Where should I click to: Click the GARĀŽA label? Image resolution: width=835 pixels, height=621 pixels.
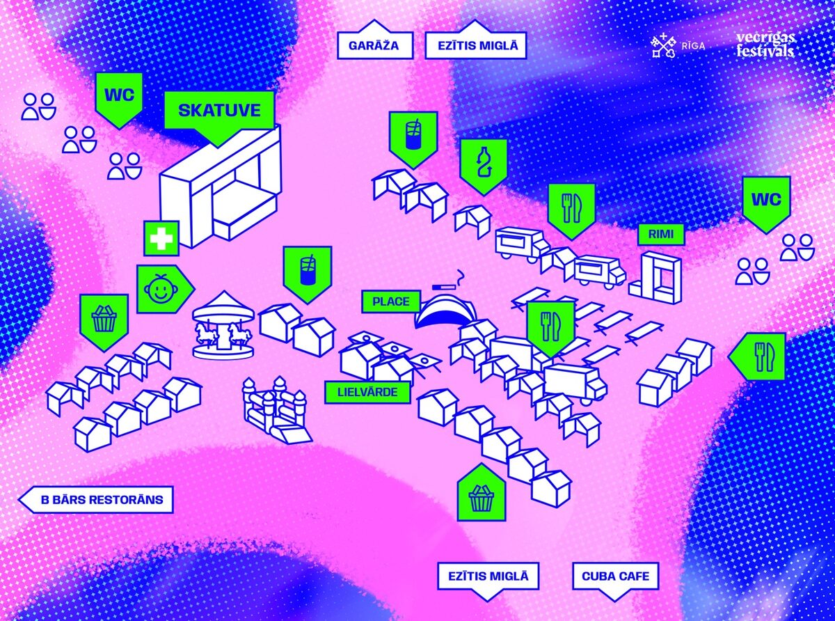point(375,46)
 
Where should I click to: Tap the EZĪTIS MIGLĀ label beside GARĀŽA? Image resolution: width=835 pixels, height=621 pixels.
point(476,46)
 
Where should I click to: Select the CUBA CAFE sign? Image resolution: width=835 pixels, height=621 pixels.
point(615,576)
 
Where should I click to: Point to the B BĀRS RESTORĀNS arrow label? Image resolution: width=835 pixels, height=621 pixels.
point(97,499)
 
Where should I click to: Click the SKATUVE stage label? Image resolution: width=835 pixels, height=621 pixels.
point(219,110)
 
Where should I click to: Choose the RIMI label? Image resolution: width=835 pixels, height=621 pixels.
point(661,235)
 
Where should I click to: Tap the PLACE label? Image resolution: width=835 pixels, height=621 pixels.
point(391,301)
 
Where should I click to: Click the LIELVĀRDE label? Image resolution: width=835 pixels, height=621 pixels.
point(367,392)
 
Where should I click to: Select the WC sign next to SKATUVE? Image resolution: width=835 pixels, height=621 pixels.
point(119,95)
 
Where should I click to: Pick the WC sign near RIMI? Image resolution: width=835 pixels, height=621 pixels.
point(766,200)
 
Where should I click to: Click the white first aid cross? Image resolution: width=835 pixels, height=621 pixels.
point(161,239)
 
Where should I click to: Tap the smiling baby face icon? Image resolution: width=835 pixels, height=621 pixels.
point(159,288)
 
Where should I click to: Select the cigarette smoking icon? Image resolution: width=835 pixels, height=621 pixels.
point(448,282)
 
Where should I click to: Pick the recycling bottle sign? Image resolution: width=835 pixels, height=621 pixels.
point(483,164)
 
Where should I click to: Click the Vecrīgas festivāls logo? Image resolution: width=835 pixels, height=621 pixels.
point(765,44)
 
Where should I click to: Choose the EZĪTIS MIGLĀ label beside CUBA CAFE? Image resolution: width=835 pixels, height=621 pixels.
point(488,576)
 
